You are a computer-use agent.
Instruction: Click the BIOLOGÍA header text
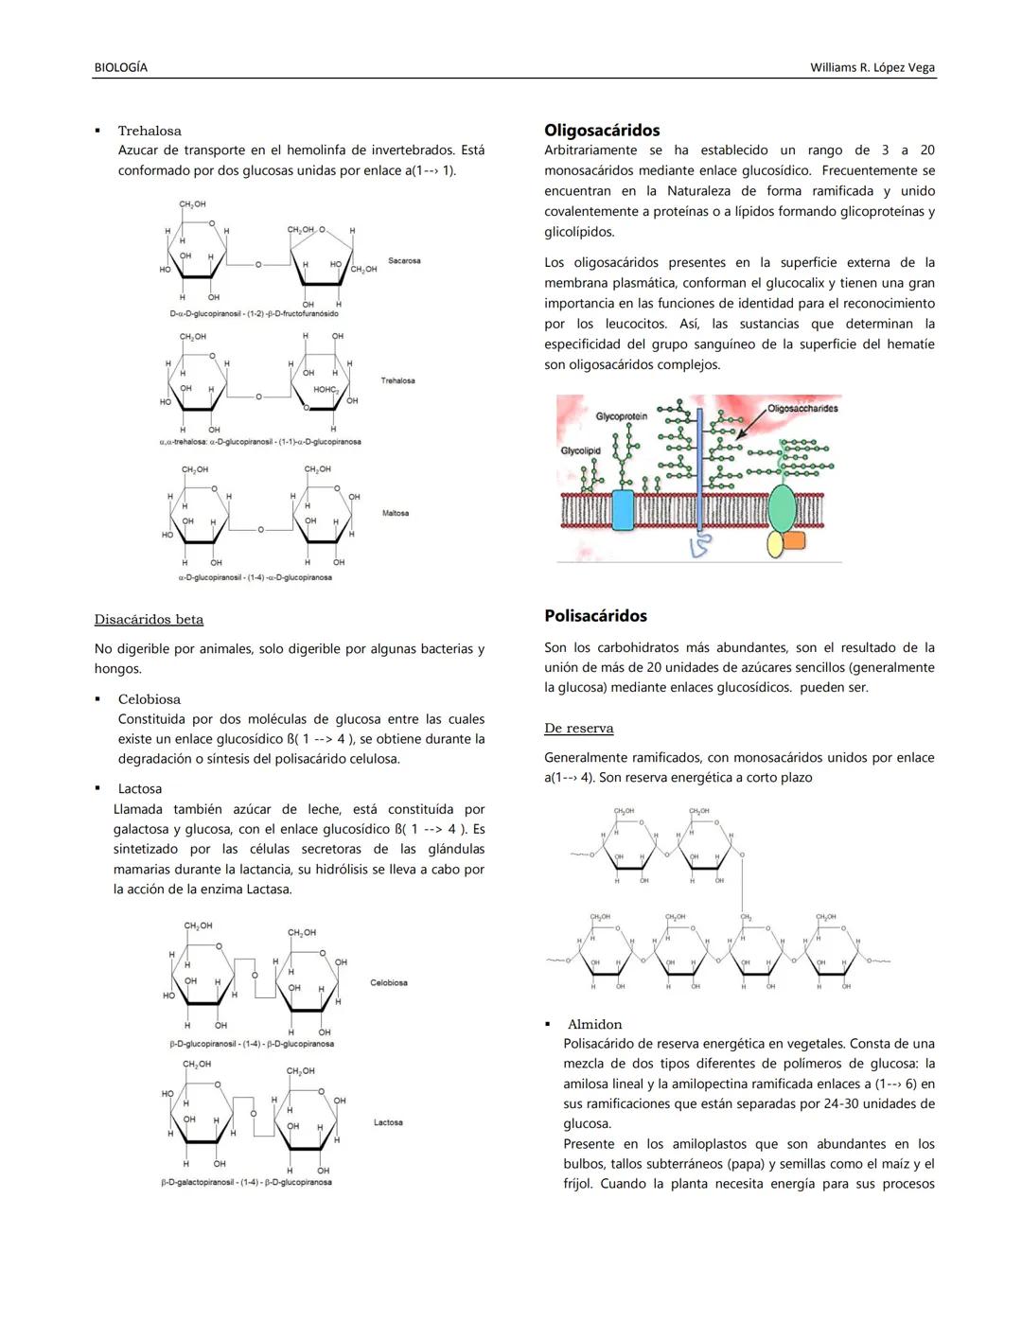tap(121, 67)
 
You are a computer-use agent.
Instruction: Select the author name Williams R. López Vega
tap(872, 67)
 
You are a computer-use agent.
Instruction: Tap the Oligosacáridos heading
tap(602, 131)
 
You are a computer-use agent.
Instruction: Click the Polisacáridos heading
tap(595, 616)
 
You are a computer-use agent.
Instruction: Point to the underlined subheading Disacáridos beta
tap(149, 620)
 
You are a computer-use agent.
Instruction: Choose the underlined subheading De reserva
tap(578, 729)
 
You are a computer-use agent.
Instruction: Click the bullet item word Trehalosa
tap(150, 131)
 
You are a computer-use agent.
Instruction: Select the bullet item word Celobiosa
tap(149, 699)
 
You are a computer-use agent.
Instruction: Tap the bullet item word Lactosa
tap(139, 789)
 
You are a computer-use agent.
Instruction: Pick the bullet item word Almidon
tap(594, 1025)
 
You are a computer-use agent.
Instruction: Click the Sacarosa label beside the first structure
tap(404, 260)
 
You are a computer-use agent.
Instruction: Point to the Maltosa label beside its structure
tap(396, 513)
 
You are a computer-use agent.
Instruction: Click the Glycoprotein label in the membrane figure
tap(621, 416)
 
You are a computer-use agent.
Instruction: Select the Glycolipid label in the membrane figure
tap(580, 450)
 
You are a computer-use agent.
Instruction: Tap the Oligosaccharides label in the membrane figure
tap(802, 409)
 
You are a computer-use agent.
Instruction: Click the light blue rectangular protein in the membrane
tap(623, 509)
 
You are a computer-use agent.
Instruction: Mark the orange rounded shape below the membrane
tap(793, 540)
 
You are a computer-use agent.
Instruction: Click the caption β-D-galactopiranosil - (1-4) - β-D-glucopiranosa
tap(246, 1182)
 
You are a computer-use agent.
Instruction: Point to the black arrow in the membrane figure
tap(751, 426)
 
